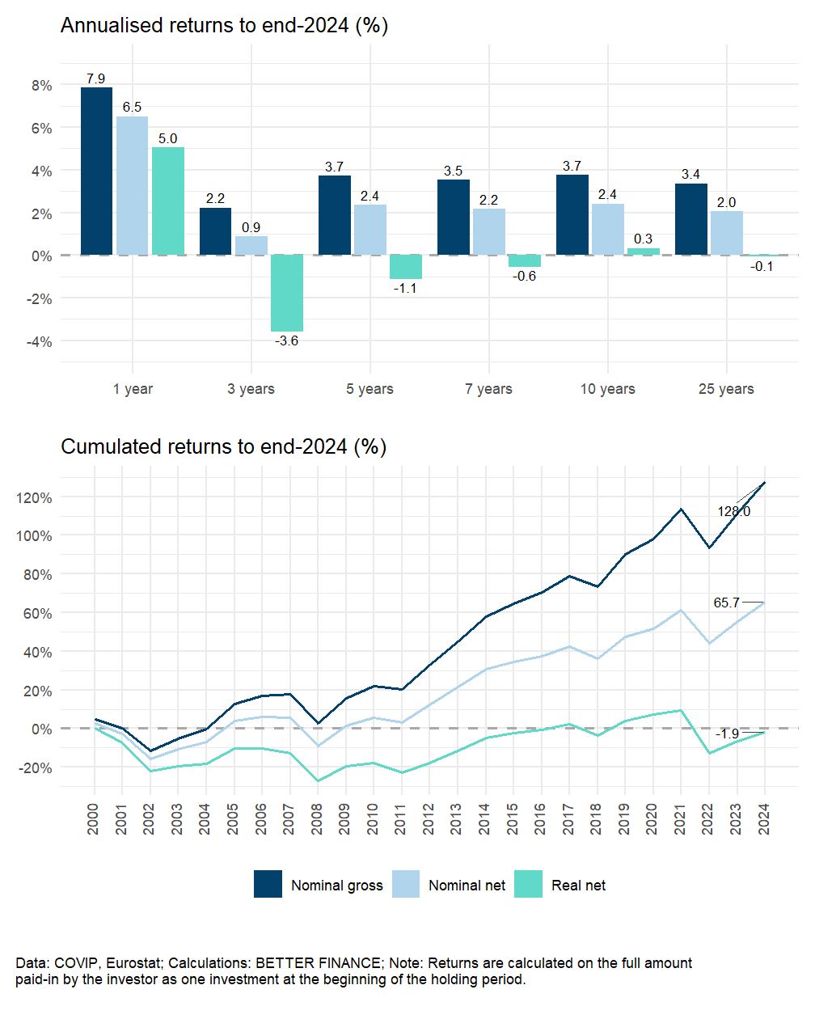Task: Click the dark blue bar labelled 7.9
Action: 96,171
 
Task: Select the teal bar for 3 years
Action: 287,293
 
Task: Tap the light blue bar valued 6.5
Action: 132,186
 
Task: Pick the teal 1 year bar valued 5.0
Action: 168,201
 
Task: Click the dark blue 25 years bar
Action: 691,219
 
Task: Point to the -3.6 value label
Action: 287,341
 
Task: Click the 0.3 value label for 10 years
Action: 644,239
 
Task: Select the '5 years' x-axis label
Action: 369,389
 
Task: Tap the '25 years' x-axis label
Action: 726,389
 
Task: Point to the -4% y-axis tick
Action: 40,342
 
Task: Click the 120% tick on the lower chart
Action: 34,497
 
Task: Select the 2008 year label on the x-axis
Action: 317,819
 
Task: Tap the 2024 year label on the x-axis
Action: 763,819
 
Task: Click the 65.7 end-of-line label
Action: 727,603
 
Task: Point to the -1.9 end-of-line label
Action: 728,734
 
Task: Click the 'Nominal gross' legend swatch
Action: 268,885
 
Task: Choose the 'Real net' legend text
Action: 578,886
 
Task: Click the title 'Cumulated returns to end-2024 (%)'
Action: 224,446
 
